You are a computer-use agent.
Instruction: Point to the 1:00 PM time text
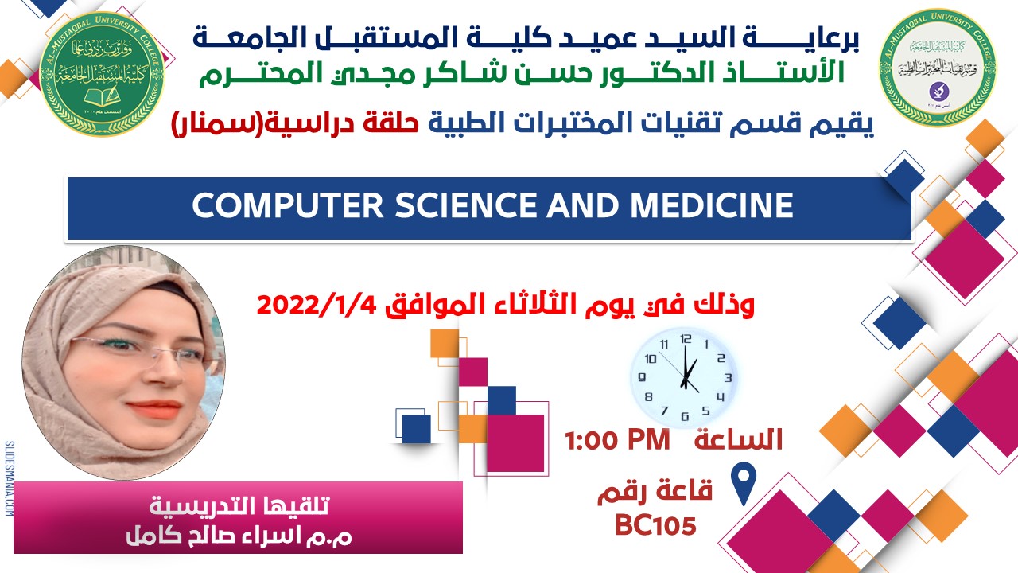point(618,440)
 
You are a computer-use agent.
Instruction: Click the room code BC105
point(656,525)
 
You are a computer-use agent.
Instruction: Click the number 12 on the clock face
point(686,338)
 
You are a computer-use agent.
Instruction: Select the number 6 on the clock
point(684,415)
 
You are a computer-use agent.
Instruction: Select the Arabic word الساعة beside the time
point(739,439)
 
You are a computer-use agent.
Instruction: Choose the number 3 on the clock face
point(726,377)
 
